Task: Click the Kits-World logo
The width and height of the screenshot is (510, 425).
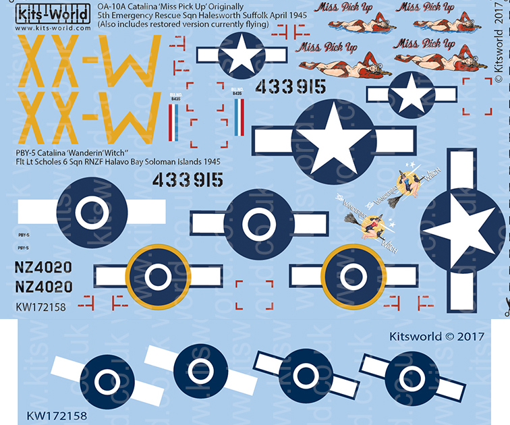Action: tap(47, 13)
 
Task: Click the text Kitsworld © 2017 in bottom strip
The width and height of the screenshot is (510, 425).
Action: tap(436, 336)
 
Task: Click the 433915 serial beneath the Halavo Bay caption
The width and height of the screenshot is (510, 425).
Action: tap(187, 179)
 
